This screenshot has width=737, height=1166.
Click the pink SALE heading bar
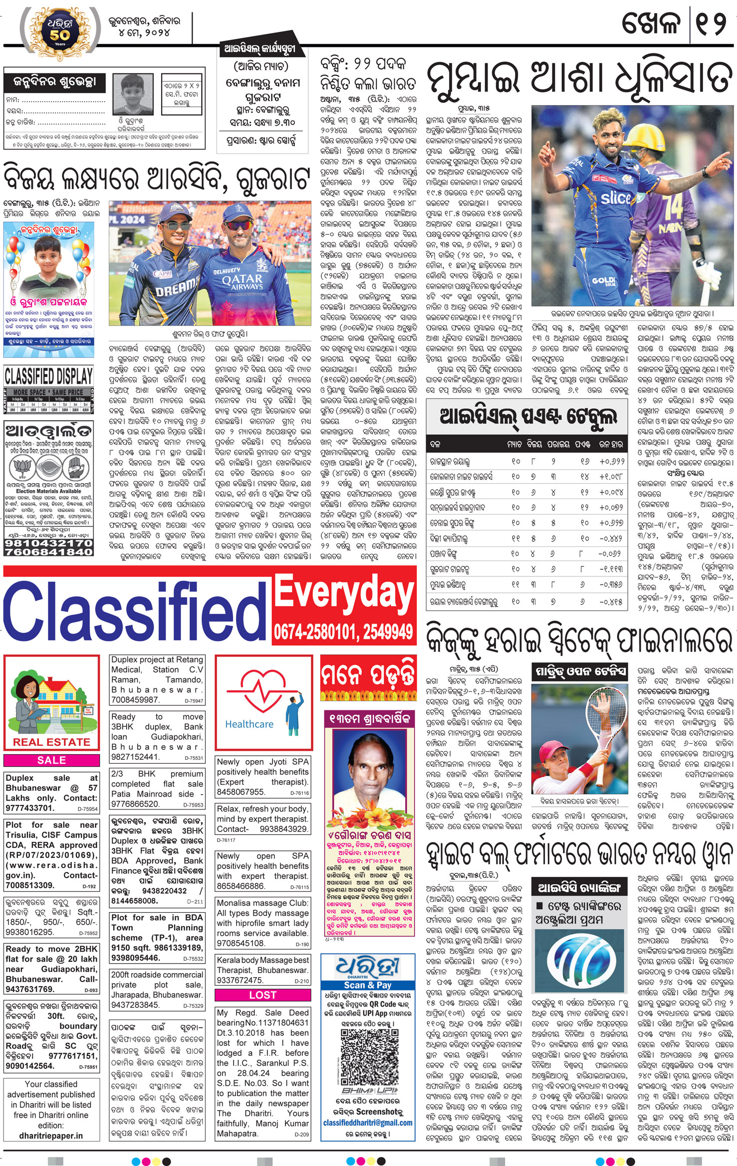pos(51,760)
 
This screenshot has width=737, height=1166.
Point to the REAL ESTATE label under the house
pos(51,742)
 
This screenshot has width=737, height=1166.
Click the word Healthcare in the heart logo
pos(249,724)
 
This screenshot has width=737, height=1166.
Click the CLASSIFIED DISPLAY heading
pos(48,375)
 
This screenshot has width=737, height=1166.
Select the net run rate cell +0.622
pos(611,462)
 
